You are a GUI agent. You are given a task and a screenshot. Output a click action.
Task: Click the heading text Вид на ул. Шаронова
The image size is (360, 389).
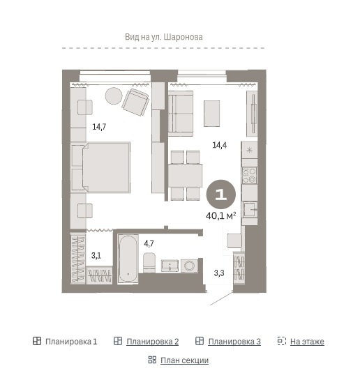coord(164,37)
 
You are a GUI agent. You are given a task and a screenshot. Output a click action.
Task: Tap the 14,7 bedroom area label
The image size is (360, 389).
coord(99,127)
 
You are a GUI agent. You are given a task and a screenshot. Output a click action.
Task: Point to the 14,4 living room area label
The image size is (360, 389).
coord(220,145)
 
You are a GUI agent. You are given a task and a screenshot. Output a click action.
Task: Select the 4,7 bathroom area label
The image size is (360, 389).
coord(149,243)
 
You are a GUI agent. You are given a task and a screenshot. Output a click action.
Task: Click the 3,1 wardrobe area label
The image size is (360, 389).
coord(96,256)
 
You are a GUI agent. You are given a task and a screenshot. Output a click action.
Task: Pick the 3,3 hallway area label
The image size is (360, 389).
coord(219,273)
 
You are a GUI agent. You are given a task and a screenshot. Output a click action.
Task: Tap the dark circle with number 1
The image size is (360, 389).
coord(221,194)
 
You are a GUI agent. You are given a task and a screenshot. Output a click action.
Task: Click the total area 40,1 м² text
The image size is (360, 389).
coord(220,216)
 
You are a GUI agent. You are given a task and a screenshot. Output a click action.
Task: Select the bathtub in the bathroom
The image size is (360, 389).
coord(128,259)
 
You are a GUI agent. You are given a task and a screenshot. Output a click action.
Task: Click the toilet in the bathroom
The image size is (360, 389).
coord(149,262)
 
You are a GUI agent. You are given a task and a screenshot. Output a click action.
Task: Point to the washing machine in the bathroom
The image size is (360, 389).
coord(190,266)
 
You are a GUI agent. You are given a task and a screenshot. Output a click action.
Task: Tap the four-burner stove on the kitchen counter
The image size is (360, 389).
coord(250,176)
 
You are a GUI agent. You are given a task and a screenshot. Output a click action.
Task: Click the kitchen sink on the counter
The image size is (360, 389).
coord(250,210)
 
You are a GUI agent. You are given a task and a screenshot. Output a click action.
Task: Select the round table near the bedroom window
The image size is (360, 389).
coord(114,96)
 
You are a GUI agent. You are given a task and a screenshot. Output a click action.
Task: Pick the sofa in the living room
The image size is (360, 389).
coord(181,114)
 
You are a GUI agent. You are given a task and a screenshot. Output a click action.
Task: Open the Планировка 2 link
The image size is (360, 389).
coord(152,342)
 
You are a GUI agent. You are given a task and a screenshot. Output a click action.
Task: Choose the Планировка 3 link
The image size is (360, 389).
coord(234,342)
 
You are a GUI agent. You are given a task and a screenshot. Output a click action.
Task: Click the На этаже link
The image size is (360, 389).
coord(307,342)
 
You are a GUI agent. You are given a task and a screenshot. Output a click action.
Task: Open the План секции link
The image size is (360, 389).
coord(184,360)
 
